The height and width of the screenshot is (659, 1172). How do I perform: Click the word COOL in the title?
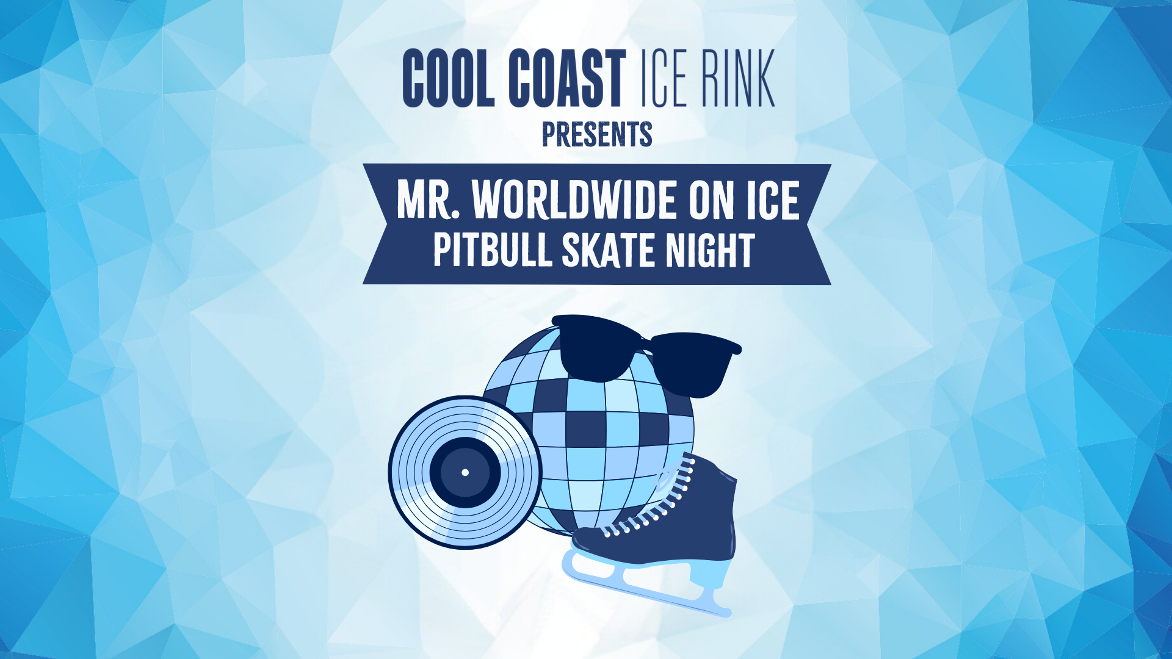[448, 78]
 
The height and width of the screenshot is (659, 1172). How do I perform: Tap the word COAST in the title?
[567, 78]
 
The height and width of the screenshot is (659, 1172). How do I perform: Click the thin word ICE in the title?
[665, 78]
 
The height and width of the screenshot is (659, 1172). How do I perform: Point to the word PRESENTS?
[597, 134]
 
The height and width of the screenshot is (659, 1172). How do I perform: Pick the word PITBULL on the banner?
[492, 250]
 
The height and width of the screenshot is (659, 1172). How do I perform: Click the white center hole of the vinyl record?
[465, 472]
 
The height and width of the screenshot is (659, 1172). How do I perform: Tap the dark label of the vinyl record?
[465, 472]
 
